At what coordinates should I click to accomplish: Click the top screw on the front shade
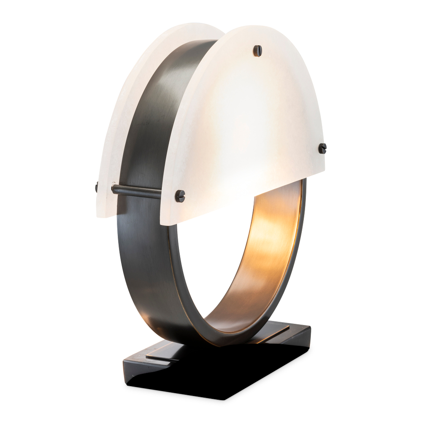tap(257, 50)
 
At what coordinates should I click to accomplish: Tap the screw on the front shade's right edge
tap(322, 148)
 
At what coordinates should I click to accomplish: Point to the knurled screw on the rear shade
tap(97, 187)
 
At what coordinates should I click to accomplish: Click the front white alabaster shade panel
tap(245, 127)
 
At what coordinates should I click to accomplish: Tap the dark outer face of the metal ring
tap(139, 262)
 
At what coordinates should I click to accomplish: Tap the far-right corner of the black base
tap(311, 327)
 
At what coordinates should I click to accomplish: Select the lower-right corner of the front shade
tap(324, 167)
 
